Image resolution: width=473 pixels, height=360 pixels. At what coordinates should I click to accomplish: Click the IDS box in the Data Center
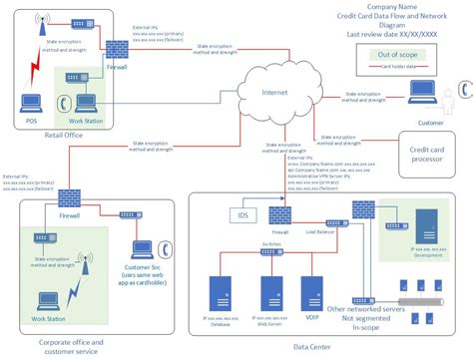244,215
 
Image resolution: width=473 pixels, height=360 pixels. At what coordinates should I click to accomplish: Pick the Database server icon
220,292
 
